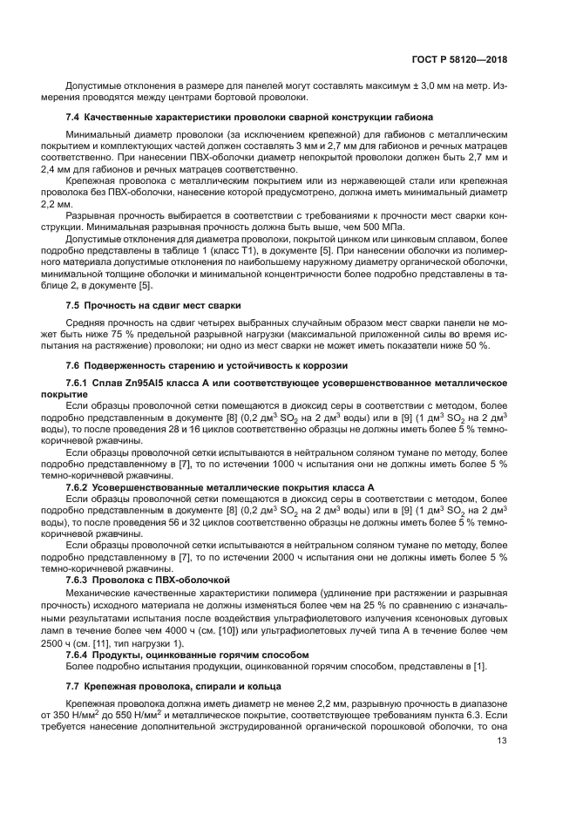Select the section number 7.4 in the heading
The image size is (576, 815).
pyautogui.click(x=73, y=117)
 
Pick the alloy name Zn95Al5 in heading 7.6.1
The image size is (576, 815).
pyautogui.click(x=146, y=384)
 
